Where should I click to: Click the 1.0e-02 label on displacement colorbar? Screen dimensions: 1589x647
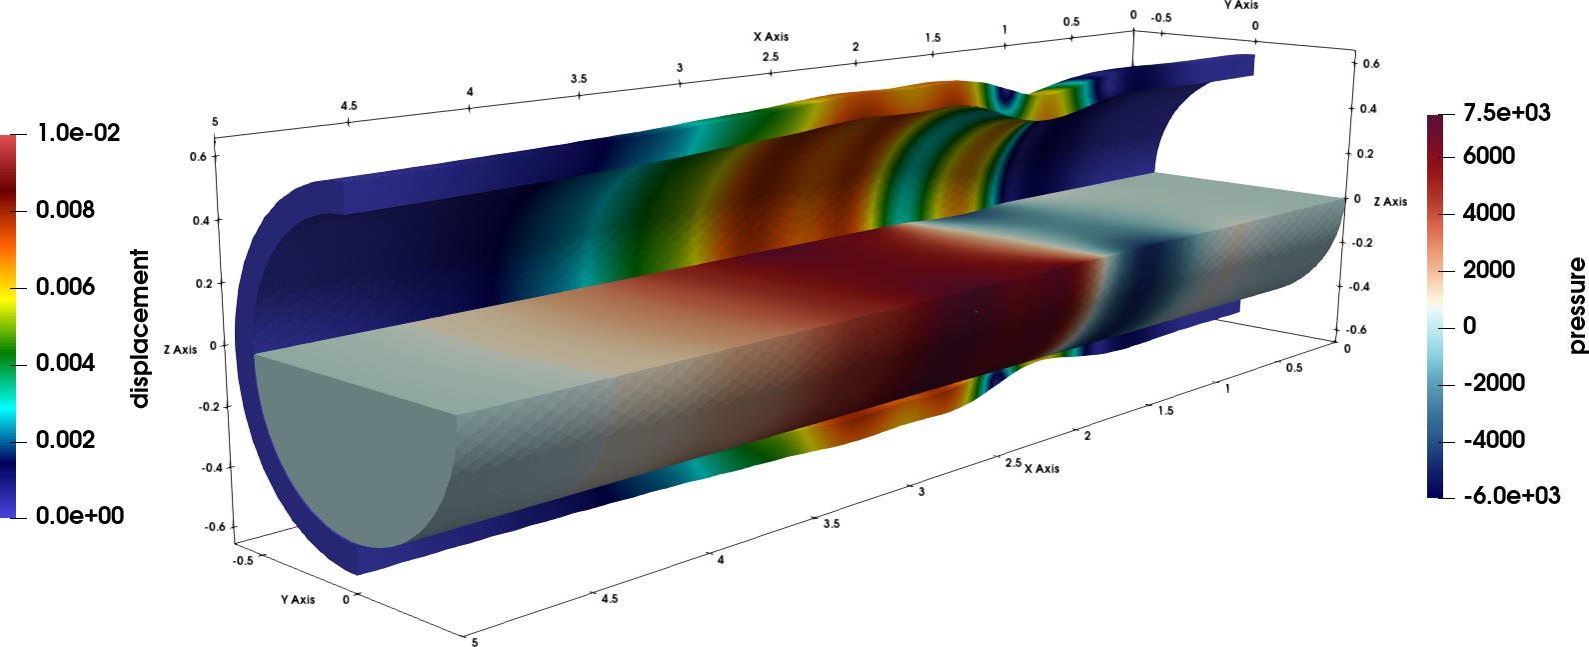coord(79,133)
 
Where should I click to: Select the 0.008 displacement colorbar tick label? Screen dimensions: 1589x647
coord(65,210)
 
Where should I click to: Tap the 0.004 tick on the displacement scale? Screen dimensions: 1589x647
coord(65,363)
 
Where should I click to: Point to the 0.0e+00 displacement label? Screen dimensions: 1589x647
coord(80,515)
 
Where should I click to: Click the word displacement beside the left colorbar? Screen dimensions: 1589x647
coord(141,329)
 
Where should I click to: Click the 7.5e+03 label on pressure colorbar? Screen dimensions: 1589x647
coord(1507,112)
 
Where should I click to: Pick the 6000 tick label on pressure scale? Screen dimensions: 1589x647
coord(1489,156)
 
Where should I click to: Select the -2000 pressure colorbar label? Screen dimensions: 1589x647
coord(1495,383)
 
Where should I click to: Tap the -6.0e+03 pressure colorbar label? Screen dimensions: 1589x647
coord(1512,495)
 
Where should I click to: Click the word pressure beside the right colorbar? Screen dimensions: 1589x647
coord(1577,305)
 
